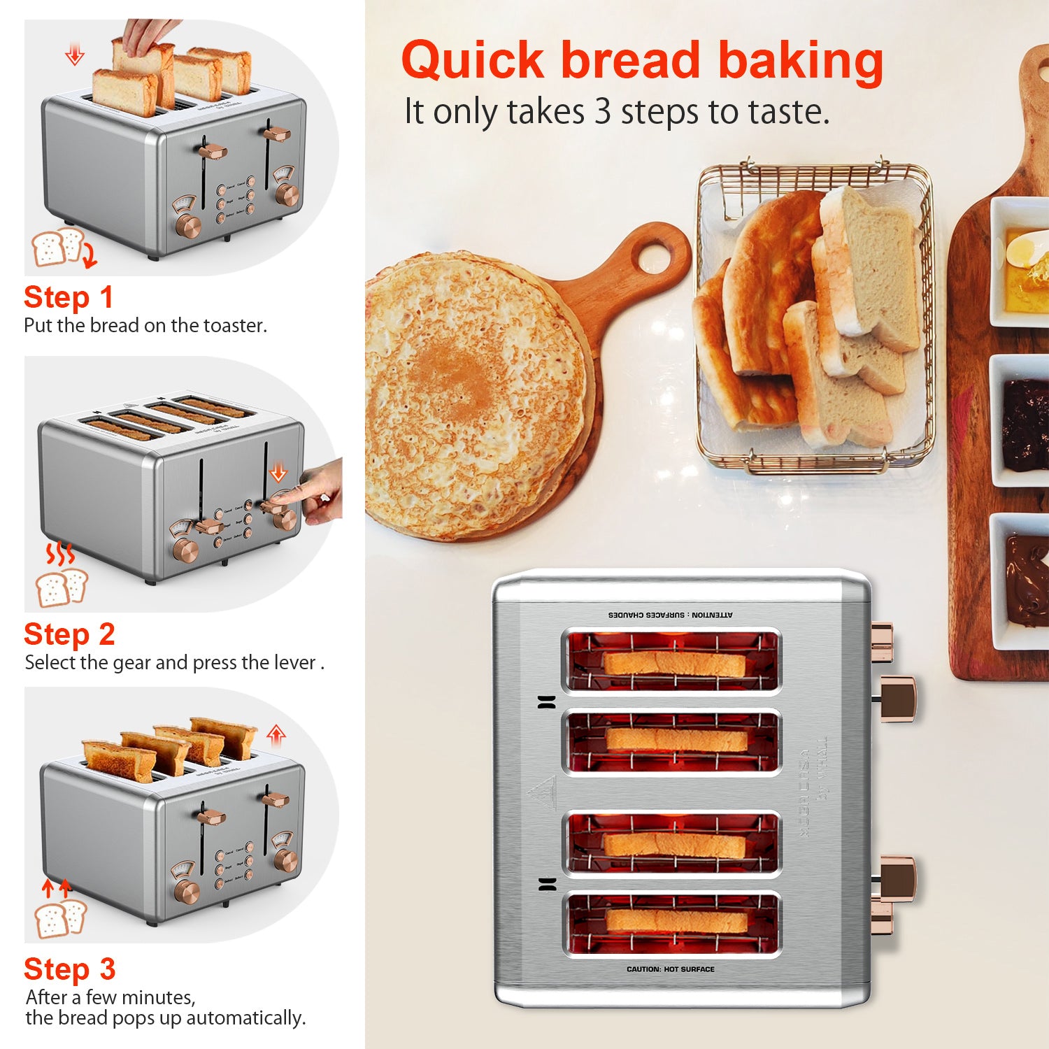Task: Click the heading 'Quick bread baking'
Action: click(642, 60)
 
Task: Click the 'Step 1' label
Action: click(69, 297)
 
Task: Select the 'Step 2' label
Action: click(69, 634)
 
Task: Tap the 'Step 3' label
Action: click(69, 969)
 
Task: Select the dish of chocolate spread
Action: click(1025, 580)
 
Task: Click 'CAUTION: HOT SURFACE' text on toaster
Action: click(670, 969)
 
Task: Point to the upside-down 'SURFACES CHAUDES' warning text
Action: click(670, 615)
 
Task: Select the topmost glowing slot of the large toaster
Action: click(671, 661)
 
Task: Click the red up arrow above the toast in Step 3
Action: click(276, 734)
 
